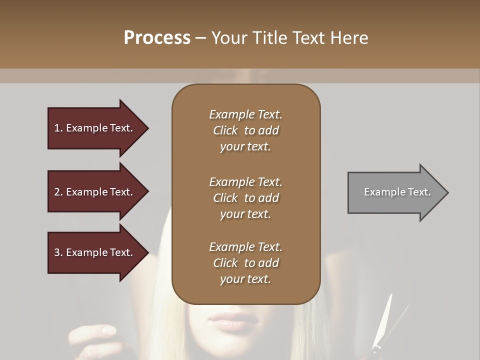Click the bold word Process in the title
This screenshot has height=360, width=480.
click(x=157, y=38)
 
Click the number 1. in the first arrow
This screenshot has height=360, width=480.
click(x=58, y=128)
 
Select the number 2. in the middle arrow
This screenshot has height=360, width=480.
click(x=58, y=192)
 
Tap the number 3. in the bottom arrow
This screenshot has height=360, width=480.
click(x=58, y=252)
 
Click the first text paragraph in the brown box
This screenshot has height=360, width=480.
click(x=245, y=130)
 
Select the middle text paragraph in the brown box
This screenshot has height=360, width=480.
click(x=245, y=198)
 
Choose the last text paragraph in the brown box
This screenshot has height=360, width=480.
click(x=245, y=263)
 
